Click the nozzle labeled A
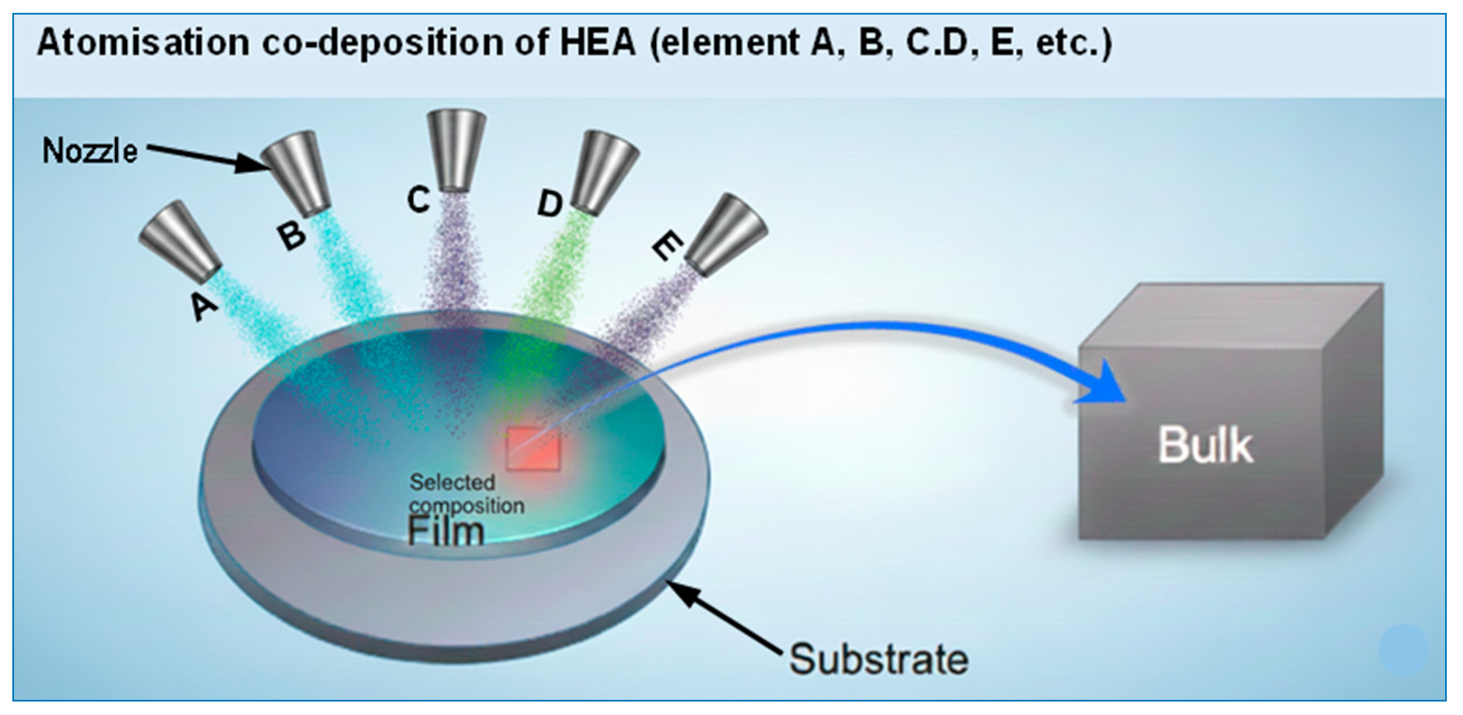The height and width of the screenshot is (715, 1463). pos(179,242)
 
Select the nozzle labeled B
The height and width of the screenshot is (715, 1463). pos(296,173)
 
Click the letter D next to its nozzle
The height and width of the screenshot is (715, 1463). pos(550,204)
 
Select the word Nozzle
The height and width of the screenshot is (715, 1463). pos(90,151)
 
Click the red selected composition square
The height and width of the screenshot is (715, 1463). pos(533,449)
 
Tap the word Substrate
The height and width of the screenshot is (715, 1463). pos(878,659)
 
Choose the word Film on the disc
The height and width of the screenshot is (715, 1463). pos(446,532)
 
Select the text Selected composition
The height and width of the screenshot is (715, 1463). pos(466,494)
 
